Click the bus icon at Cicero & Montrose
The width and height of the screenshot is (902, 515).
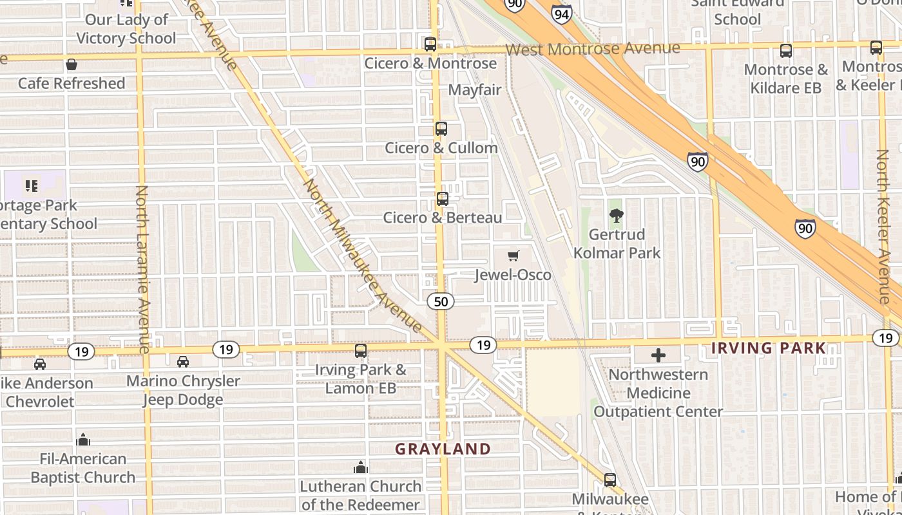(x=430, y=44)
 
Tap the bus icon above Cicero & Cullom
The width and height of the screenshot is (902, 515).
(x=441, y=129)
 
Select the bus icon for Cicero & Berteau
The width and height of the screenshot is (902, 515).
(x=442, y=199)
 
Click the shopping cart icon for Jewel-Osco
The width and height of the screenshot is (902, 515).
(x=513, y=256)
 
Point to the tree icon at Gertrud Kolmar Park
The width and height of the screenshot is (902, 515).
(x=617, y=216)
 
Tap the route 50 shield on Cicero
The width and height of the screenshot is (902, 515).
(x=441, y=301)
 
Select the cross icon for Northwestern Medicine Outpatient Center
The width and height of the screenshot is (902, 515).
(x=658, y=355)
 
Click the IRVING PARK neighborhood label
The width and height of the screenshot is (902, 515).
(x=768, y=348)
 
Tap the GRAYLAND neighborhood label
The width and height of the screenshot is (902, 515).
(x=443, y=449)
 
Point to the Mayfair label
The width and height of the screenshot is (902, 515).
(x=475, y=89)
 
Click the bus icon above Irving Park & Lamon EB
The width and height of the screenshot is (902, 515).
(x=361, y=351)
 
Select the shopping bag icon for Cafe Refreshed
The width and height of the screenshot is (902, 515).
(x=72, y=64)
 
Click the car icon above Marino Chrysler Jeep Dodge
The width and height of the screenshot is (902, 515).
(x=183, y=362)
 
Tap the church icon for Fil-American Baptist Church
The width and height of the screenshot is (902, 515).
(x=82, y=440)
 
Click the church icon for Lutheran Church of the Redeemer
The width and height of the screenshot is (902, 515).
(x=361, y=467)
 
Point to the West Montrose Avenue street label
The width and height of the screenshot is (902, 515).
(x=592, y=49)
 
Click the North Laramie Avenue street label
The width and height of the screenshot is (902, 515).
(x=142, y=269)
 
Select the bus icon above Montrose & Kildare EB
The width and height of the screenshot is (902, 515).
(x=785, y=51)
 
